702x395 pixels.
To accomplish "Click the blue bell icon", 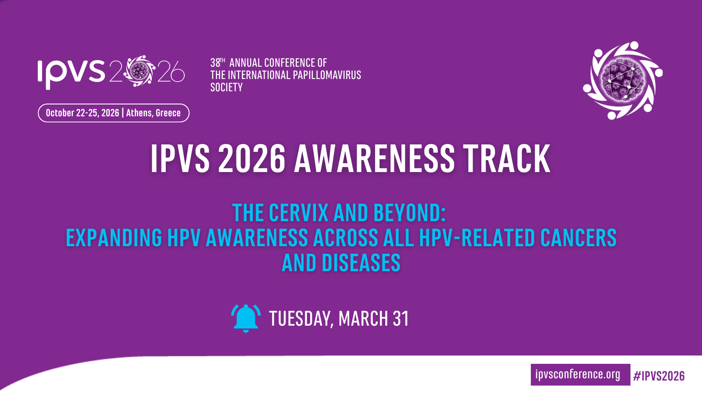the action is coord(246,318).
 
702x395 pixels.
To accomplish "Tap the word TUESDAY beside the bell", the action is coord(299,319).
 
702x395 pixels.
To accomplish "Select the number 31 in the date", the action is coord(401,319).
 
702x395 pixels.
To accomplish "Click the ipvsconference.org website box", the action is coord(580,375).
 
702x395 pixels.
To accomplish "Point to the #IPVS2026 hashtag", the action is coord(659,376).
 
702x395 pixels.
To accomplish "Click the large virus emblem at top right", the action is coord(623,80).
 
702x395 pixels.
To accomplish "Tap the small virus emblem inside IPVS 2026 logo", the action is coord(139,71).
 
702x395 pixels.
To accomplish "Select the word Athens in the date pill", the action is coord(139,113).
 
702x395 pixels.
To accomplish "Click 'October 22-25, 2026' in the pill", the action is coord(82,113).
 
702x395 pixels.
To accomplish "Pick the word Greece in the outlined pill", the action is coord(168,113).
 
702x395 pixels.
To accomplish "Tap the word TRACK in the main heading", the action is coord(506,158).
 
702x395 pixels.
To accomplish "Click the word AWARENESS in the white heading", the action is coord(374,158).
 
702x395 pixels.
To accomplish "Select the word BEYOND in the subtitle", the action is coord(409,213).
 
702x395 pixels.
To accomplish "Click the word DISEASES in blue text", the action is coord(361,262).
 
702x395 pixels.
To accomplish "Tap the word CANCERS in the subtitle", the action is coord(579,237).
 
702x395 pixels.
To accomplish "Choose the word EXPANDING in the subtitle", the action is coord(114,237).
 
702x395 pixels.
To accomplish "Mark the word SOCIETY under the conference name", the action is coord(226,87).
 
